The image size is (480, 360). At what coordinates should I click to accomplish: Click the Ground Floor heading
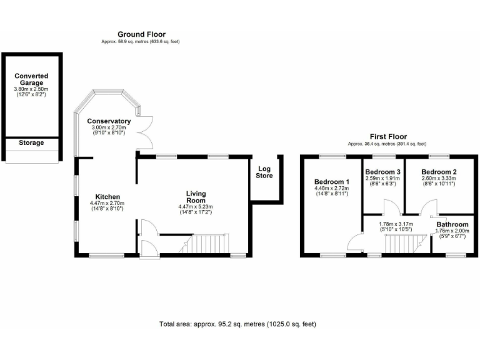(x=141, y=34)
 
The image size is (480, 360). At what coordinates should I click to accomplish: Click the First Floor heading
(x=387, y=136)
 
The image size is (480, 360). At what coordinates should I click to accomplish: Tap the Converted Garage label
(x=31, y=80)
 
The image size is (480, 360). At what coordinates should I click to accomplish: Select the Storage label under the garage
(x=31, y=143)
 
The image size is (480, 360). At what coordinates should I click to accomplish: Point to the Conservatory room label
(x=109, y=121)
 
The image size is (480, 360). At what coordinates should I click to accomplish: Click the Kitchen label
(x=107, y=197)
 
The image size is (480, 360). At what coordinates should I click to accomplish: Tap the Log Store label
(x=264, y=172)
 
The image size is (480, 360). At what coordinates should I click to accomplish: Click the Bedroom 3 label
(x=382, y=172)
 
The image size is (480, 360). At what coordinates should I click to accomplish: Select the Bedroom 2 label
(x=439, y=172)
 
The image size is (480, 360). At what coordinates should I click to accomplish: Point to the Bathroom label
(x=452, y=224)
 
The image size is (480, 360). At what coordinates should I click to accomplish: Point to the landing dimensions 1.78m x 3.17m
(x=396, y=222)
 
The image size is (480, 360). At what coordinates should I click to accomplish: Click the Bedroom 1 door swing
(x=358, y=239)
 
